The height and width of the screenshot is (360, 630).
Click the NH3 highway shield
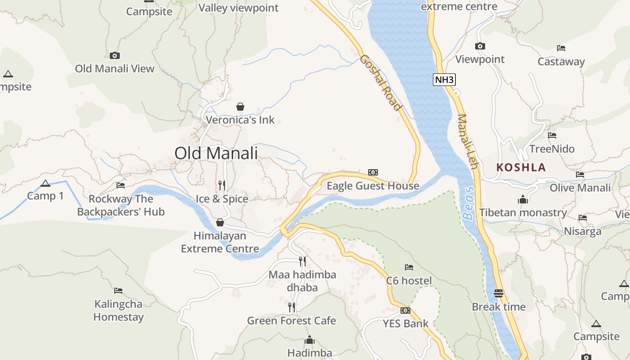coord(445,80)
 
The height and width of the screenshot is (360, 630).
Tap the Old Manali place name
coord(216,153)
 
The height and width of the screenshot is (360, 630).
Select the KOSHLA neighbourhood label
coord(521,167)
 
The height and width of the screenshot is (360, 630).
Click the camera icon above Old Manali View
coord(115,55)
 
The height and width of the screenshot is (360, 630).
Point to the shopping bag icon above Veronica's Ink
coord(240,107)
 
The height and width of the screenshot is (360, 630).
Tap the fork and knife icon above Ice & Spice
coord(222,185)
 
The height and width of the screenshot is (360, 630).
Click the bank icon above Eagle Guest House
coord(373,172)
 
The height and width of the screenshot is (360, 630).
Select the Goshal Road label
coord(380,83)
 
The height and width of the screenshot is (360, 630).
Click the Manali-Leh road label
coord(467,142)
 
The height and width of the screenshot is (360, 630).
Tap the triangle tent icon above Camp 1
coord(45,183)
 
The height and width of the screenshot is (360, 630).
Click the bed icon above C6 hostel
coord(409,267)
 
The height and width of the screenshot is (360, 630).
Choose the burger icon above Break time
coord(498,293)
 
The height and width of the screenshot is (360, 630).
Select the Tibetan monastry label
coord(523,212)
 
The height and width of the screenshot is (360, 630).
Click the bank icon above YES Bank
coord(405,310)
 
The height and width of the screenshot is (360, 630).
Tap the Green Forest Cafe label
coord(291,320)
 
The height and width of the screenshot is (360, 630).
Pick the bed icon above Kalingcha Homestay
coord(118,290)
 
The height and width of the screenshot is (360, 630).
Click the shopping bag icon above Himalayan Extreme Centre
coord(220,222)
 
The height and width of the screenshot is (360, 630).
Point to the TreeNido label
coord(552,149)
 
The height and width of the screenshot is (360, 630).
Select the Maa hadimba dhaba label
coord(302,281)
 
